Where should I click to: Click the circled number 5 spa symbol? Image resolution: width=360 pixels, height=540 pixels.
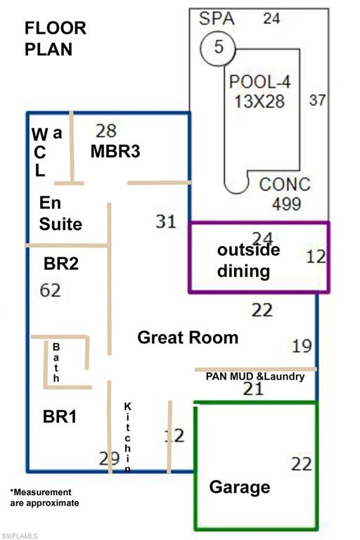[x=219, y=48]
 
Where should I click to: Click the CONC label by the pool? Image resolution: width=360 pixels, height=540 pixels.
[x=285, y=185]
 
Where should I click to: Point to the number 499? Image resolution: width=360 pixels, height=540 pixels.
[x=287, y=204]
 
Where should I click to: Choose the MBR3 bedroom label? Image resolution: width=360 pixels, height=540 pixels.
[x=115, y=151]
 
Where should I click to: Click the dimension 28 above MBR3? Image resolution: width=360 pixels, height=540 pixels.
[x=105, y=131]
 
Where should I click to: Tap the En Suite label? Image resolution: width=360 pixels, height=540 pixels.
[x=60, y=214]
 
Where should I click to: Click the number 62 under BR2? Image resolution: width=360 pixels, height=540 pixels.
[x=51, y=290]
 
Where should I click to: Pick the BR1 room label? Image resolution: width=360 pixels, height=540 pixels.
[x=60, y=416]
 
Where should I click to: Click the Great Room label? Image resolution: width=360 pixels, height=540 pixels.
[x=188, y=337]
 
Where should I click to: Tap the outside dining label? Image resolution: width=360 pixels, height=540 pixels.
[x=247, y=260]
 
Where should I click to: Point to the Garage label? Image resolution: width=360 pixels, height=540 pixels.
[x=240, y=487]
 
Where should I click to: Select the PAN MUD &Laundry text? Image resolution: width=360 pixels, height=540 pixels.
[x=255, y=377]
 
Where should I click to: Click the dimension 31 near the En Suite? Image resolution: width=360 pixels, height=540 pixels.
[x=166, y=221]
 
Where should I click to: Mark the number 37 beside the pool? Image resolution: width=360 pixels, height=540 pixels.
[x=317, y=100]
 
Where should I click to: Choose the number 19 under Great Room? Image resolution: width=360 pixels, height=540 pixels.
[x=301, y=345]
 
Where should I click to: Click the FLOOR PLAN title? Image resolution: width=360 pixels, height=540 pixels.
[x=56, y=39]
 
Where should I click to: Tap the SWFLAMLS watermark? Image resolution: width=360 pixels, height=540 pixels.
[x=19, y=535]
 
